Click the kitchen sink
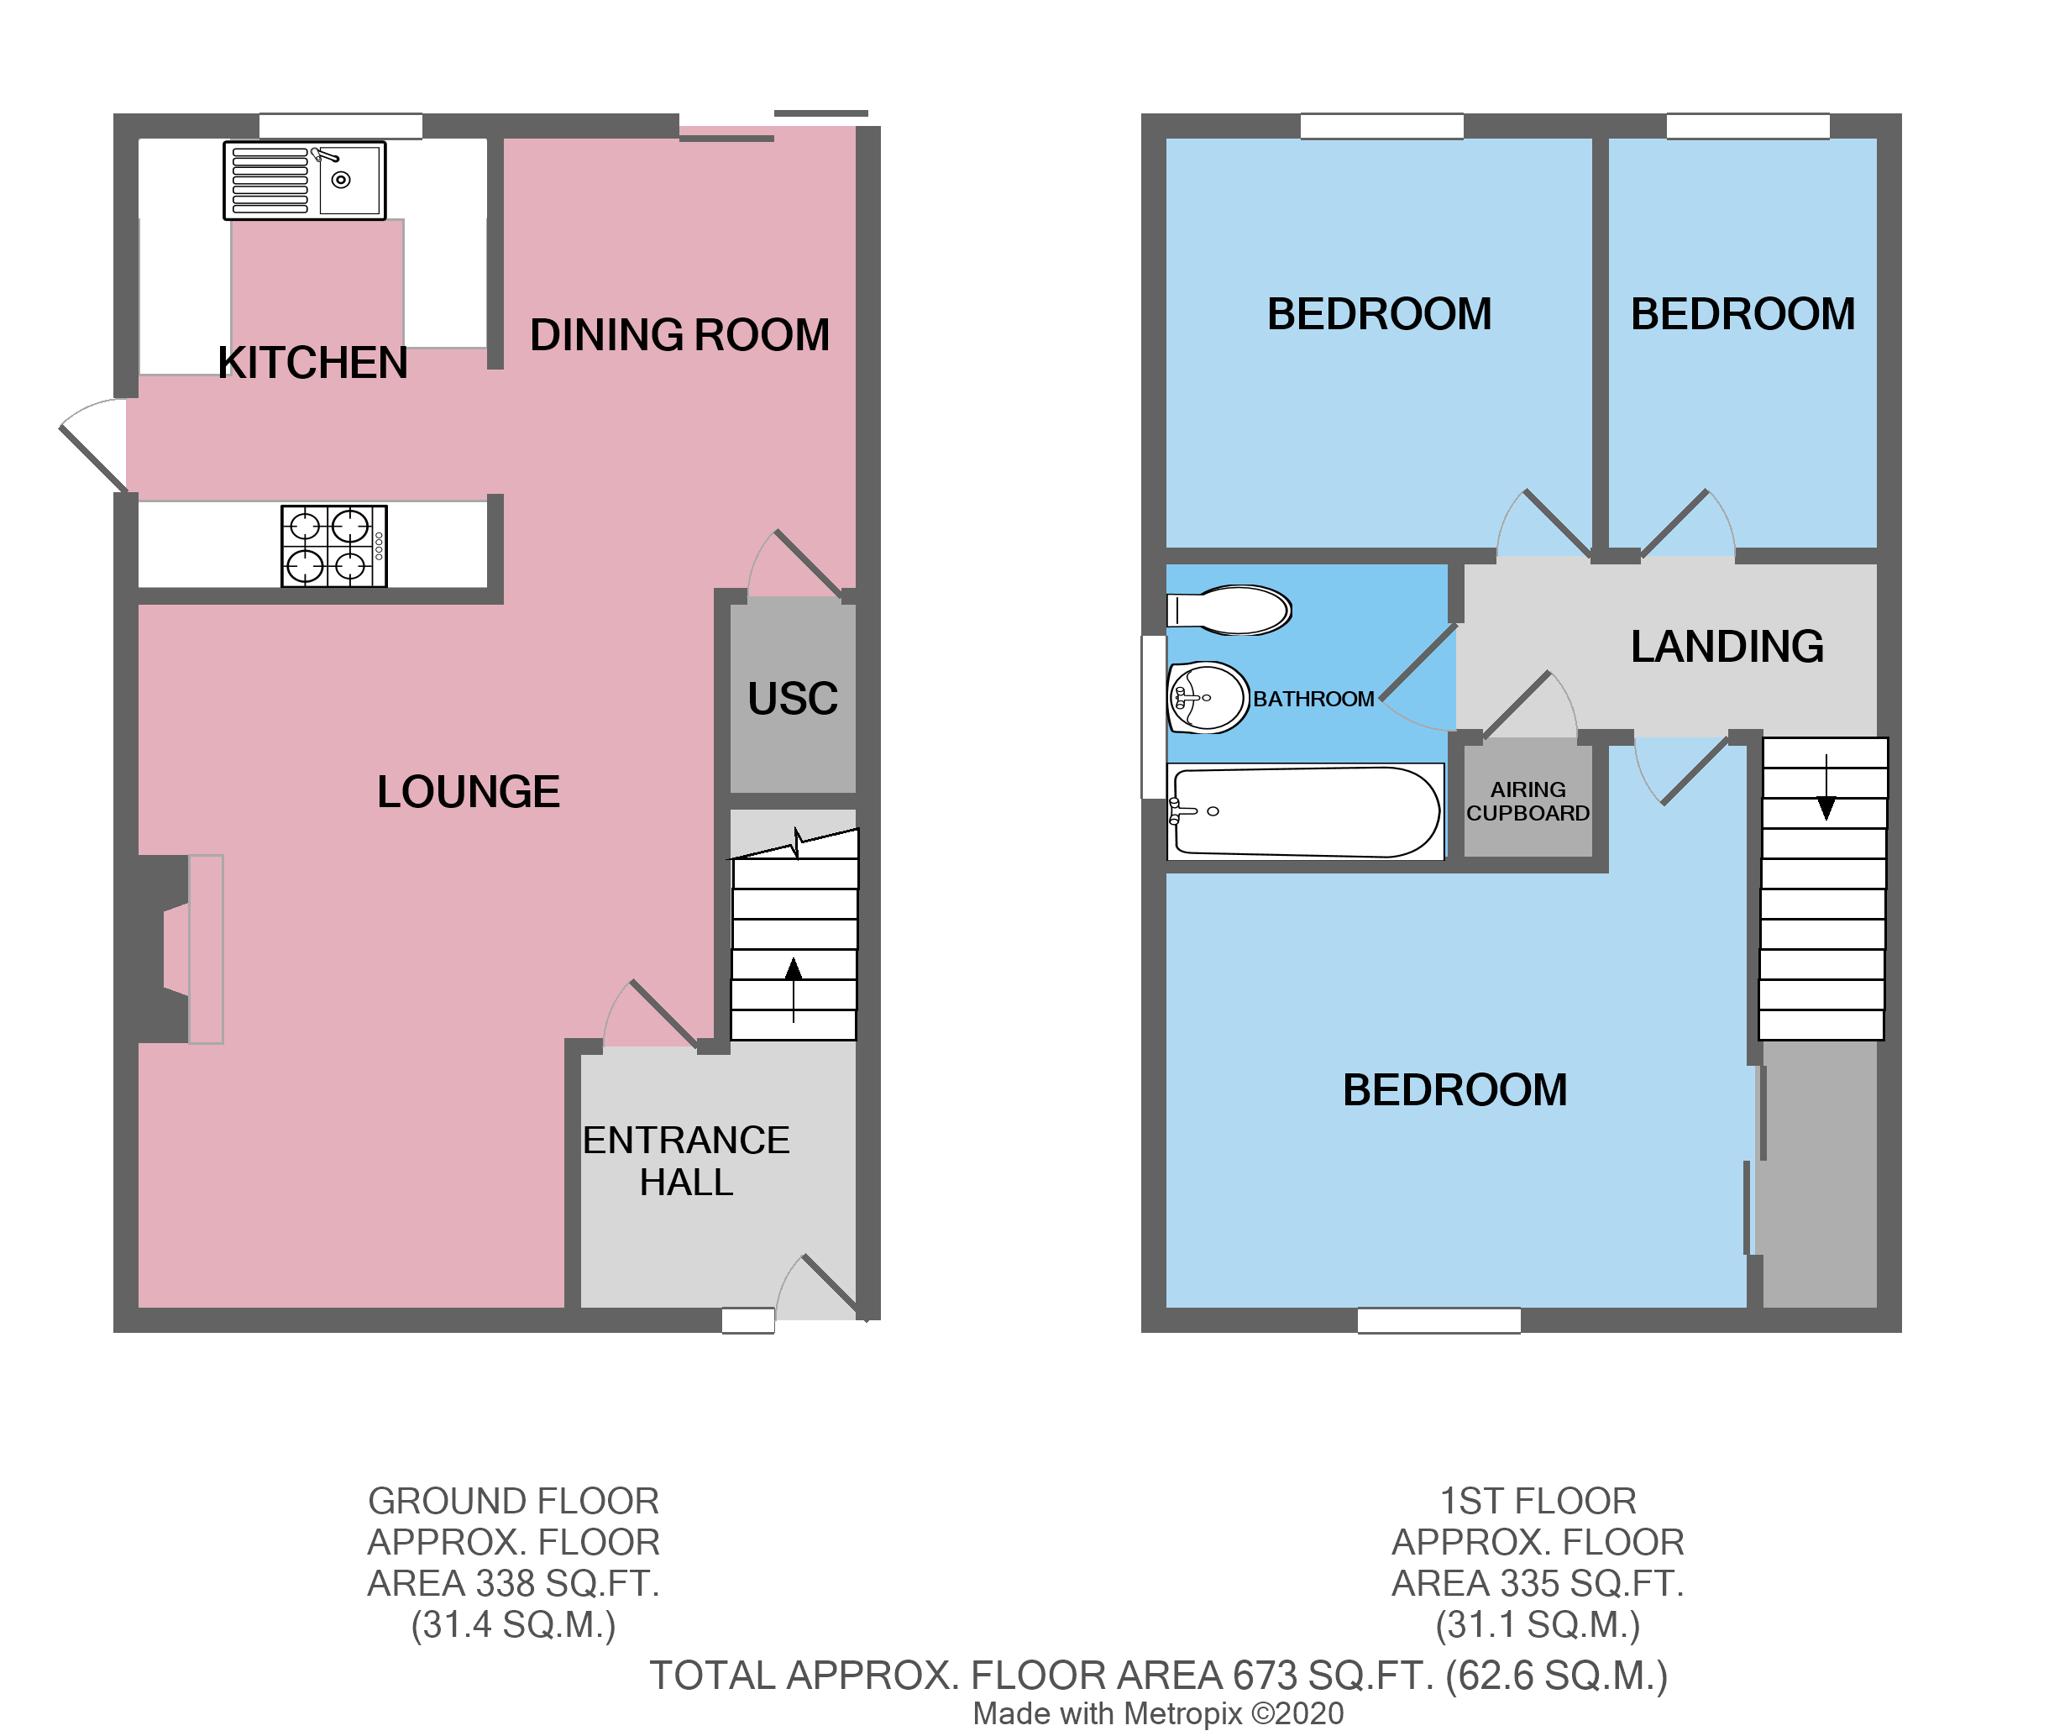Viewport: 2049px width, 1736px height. click(x=304, y=180)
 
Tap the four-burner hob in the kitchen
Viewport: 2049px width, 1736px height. click(x=333, y=546)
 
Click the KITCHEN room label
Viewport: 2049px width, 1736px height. click(x=312, y=363)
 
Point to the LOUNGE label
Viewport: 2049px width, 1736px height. click(x=469, y=792)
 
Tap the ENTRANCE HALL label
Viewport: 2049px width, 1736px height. click(x=686, y=1161)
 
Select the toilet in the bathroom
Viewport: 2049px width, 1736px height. click(x=1230, y=609)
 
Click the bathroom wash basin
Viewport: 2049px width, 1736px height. click(x=1208, y=698)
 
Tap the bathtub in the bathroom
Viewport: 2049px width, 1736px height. click(x=1305, y=812)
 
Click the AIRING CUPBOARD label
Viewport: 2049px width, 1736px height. click(x=1528, y=801)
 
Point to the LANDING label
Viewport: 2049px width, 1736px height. click(x=1727, y=647)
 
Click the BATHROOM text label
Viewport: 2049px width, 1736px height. click(x=1313, y=699)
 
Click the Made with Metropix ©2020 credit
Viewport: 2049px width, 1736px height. click(x=1157, y=1713)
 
